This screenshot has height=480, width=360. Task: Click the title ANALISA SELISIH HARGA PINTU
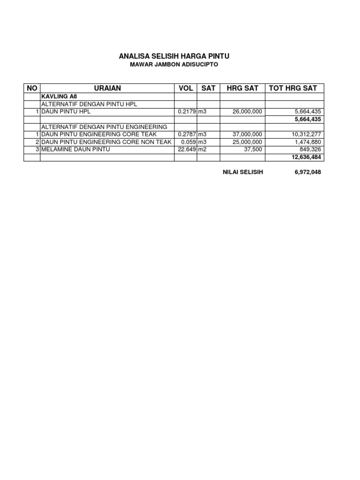point(174,56)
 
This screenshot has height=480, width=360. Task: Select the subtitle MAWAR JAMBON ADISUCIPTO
point(174,65)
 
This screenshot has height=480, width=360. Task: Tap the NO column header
point(32,88)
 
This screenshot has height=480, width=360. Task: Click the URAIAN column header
point(107,88)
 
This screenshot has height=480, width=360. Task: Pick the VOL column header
point(186,88)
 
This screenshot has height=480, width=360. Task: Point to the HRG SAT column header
point(242,88)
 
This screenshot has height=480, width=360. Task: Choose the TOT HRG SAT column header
point(293,88)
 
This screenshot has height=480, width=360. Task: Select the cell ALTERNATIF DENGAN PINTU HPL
point(89,104)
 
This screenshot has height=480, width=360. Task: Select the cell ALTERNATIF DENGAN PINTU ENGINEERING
point(104,127)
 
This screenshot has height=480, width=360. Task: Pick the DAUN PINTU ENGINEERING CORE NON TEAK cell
point(107,142)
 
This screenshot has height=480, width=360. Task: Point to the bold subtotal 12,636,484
point(306,157)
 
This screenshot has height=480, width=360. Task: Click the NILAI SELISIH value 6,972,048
point(307,172)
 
